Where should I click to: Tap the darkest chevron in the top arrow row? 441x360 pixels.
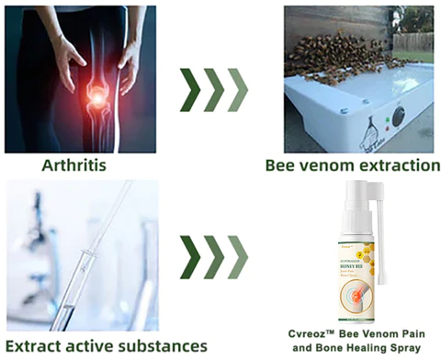[x=191, y=89]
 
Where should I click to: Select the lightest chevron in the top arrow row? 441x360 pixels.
[x=236, y=89]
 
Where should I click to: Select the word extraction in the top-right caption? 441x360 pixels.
[x=396, y=166]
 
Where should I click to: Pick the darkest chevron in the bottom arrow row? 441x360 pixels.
[x=191, y=257]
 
